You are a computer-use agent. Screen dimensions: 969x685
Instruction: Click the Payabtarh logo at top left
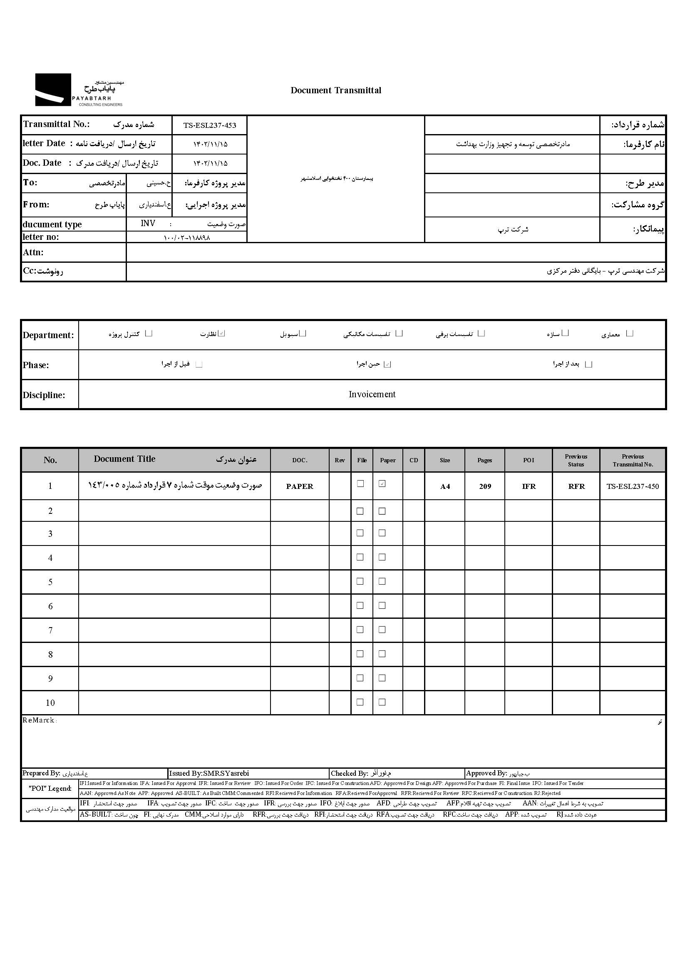click(79, 90)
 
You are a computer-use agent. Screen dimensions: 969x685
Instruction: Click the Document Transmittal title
click(336, 90)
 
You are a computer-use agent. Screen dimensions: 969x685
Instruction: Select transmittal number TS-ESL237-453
click(210, 125)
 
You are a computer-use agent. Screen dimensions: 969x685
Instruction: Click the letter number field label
click(41, 237)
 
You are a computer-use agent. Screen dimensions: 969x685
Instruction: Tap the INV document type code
click(148, 223)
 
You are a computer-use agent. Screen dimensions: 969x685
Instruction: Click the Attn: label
click(33, 252)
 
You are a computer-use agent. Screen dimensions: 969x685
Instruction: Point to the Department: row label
click(49, 335)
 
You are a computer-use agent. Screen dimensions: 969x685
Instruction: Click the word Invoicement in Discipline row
click(372, 394)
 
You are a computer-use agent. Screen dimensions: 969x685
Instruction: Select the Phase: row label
click(36, 365)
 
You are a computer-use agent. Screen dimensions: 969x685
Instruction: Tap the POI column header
click(529, 460)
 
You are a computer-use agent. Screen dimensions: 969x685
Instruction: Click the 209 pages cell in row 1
click(485, 486)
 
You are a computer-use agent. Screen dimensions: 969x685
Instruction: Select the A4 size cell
click(445, 486)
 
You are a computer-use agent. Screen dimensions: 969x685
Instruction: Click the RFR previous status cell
click(576, 486)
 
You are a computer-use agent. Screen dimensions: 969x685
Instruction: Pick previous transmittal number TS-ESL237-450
click(633, 486)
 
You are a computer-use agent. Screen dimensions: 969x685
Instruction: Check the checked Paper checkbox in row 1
click(382, 483)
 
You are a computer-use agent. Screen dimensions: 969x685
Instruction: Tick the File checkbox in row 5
click(360, 581)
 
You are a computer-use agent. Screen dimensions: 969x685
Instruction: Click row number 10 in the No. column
click(50, 702)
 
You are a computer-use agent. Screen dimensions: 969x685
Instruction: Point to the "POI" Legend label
click(50, 788)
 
